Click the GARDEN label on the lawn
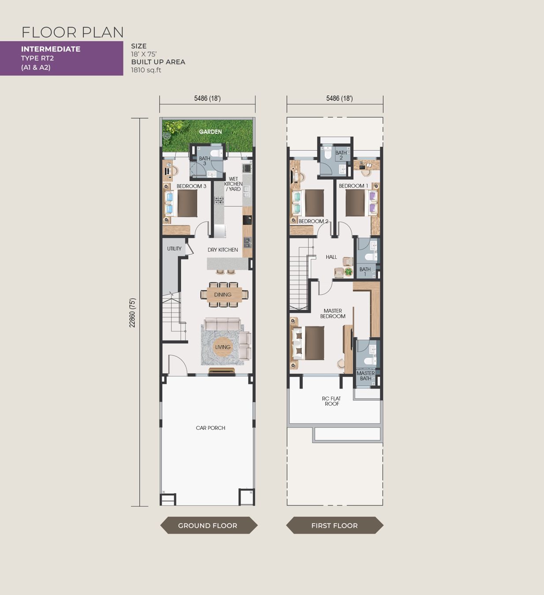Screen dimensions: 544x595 coord(210,132)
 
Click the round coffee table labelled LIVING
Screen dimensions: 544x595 coord(223,347)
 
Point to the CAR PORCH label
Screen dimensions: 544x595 coord(210,428)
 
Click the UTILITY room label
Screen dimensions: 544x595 coord(174,249)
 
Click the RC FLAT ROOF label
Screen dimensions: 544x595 coord(332,401)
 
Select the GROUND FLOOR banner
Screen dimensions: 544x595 coord(209,525)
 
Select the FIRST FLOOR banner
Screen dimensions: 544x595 coord(335,525)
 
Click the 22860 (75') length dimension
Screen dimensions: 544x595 coord(132,312)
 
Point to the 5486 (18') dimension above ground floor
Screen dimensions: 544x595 coord(208,98)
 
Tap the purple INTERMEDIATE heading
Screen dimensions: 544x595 coord(51,49)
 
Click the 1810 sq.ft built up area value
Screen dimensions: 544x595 coord(146,70)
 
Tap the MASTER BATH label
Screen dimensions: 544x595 coord(365,376)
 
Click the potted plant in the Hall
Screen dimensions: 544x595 coord(348,271)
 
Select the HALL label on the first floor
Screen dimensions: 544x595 coord(331,257)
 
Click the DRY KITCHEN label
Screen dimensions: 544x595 coord(223,250)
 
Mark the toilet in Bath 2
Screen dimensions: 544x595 coord(328,154)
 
